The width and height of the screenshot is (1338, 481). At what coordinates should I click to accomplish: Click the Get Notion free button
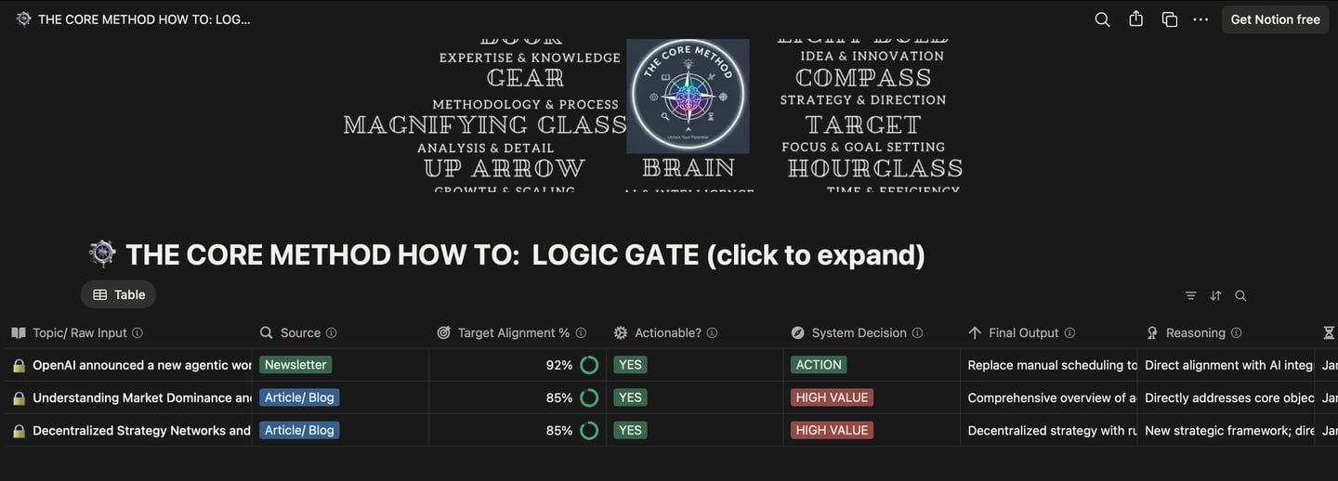point(1275,19)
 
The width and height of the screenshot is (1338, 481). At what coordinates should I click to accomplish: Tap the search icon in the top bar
point(1102,19)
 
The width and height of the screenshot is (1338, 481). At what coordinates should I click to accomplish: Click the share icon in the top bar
point(1135,19)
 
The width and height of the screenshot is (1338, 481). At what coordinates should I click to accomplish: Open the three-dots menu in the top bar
point(1200,19)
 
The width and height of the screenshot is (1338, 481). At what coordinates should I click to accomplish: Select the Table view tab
point(119,294)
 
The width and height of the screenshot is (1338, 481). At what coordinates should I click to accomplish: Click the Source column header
point(299,332)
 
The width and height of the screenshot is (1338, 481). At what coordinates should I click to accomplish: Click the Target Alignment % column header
point(513,332)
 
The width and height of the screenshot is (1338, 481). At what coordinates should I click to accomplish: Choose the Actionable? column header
point(667,332)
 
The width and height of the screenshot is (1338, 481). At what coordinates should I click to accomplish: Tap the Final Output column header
point(1023,332)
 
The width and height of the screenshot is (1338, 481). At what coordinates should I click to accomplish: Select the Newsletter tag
point(295,365)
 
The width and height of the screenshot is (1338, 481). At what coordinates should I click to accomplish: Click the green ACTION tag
point(819,365)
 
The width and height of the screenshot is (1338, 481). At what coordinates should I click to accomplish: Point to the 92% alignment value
point(559,365)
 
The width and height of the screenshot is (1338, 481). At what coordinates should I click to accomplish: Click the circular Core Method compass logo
point(688,95)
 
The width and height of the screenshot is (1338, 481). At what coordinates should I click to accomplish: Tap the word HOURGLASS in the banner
point(874,168)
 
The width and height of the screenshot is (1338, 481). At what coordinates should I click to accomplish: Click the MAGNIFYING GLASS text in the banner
point(485,124)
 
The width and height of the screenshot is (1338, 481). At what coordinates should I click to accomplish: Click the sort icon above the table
point(1215,295)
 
